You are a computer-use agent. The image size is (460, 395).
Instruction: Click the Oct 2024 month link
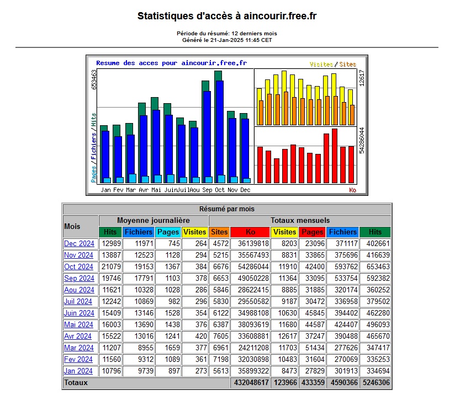[x=78, y=266]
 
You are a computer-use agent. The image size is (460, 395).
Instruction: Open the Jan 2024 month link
[x=78, y=371]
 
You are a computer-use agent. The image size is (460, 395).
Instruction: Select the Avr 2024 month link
[x=78, y=336]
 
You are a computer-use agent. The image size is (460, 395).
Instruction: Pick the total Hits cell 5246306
[x=376, y=382]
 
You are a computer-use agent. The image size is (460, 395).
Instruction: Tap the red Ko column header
[x=250, y=232]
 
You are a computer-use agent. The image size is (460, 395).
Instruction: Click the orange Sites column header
[x=219, y=232]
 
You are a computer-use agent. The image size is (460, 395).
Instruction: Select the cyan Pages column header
[x=168, y=232]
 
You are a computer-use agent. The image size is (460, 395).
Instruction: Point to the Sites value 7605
[x=221, y=336]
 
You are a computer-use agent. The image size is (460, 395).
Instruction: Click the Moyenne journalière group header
[x=154, y=220]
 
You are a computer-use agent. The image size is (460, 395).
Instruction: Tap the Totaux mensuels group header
[x=300, y=220]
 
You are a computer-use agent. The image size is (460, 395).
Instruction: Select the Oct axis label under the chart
[x=220, y=190]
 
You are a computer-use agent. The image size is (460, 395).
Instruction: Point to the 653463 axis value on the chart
[x=94, y=79]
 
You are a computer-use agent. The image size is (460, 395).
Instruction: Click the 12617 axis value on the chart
[x=362, y=78]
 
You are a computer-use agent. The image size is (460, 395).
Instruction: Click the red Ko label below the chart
[x=353, y=190]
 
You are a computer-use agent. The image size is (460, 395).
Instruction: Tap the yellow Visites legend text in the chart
[x=321, y=64]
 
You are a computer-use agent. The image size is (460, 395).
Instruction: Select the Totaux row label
[x=76, y=382]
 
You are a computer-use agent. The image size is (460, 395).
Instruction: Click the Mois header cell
[x=72, y=226]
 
